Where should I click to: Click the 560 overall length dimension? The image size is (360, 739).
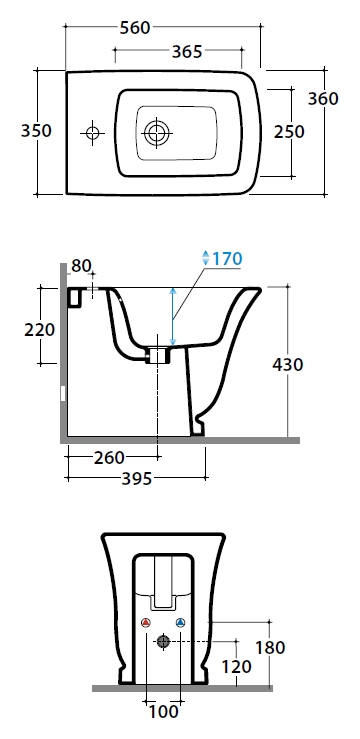tap(135, 28)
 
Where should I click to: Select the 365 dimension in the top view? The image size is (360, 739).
tap(187, 51)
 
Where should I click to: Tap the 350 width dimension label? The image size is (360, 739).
tap(36, 131)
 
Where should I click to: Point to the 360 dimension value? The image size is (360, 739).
tap(323, 99)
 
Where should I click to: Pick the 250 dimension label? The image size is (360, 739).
tap(289, 131)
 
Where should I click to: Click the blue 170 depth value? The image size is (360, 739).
tap(227, 258)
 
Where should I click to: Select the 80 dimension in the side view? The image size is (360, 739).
tap(81, 266)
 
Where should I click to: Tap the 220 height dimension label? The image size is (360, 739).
tap(40, 330)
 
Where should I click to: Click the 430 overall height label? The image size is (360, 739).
tap(288, 364)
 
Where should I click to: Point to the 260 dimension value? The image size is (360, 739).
tap(109, 457)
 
